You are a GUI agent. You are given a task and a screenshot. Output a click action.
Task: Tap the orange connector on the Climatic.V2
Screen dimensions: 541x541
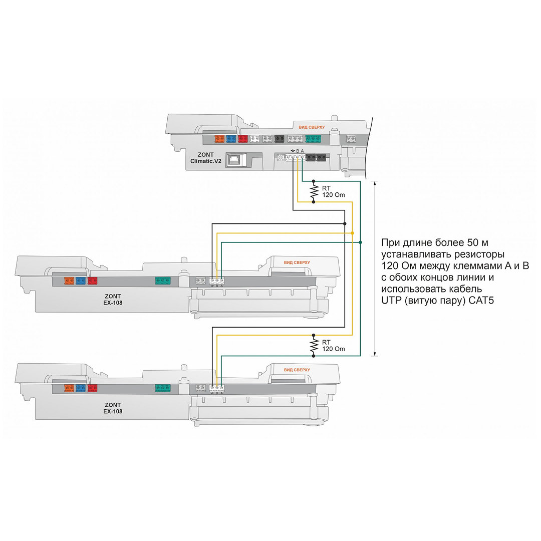[x=219, y=139]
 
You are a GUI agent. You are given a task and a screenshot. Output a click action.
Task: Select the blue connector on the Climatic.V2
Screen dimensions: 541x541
[x=231, y=139]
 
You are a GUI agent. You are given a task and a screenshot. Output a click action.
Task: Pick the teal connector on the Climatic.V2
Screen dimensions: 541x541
[x=313, y=139]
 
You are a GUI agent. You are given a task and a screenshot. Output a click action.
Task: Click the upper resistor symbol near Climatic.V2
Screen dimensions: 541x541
[x=314, y=191]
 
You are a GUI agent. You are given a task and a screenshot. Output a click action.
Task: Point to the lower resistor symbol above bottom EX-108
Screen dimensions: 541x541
[x=314, y=345]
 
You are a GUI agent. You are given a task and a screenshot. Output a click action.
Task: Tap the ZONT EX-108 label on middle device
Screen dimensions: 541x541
[x=113, y=299]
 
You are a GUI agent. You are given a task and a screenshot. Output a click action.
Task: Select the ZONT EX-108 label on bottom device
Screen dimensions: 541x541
[x=113, y=408]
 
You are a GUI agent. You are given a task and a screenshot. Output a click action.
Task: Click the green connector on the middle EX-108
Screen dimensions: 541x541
[x=163, y=281]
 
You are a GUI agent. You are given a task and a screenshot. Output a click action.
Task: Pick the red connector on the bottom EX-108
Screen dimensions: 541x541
[x=92, y=388]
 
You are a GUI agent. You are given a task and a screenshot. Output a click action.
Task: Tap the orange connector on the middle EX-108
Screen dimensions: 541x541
[x=69, y=281]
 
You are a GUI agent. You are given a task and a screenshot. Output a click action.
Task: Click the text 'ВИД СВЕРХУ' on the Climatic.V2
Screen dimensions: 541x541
[x=312, y=127]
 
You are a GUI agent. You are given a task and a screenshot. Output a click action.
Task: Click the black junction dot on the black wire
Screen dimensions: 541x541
[x=345, y=223]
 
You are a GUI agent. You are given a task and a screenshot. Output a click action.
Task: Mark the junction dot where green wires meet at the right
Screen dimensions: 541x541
[x=361, y=242]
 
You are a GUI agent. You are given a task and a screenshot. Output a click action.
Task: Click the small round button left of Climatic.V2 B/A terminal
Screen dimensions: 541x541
[x=280, y=158]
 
